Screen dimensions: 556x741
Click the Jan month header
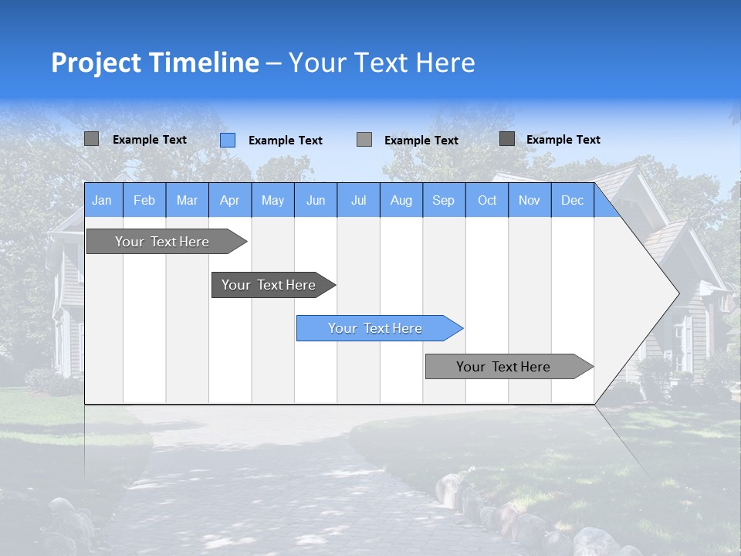[x=102, y=201]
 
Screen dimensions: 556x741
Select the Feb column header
[x=144, y=201]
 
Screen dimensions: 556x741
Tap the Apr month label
[x=230, y=201]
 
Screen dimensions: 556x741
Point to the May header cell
[x=272, y=201]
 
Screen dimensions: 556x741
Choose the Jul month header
[x=358, y=201]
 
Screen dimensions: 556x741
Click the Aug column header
[x=401, y=201]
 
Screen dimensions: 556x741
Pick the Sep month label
[x=444, y=201]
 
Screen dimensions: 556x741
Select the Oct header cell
[x=487, y=201]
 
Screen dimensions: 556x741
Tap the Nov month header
[x=530, y=201]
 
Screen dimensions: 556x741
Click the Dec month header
[x=573, y=201]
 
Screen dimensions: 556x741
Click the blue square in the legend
[x=228, y=140]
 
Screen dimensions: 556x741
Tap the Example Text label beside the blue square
[x=286, y=141]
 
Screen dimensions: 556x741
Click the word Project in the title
[x=96, y=63]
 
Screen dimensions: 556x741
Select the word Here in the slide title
[x=445, y=63]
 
